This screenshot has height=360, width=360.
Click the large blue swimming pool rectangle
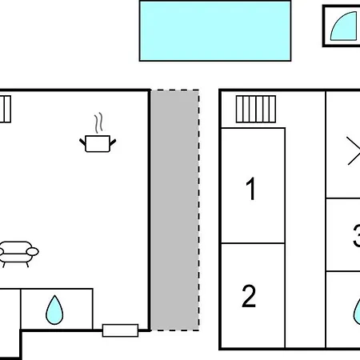point(215,31)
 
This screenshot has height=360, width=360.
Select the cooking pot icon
point(98,143)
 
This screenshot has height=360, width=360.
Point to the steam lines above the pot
point(98,123)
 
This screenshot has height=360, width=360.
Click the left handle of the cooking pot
point(82,142)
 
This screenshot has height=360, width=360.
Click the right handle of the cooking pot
point(113,142)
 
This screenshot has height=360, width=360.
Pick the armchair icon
point(18,254)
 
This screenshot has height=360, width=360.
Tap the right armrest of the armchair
point(33,251)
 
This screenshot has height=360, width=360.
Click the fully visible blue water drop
point(54,310)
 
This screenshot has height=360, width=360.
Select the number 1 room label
point(251,189)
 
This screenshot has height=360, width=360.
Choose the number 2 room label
point(249,296)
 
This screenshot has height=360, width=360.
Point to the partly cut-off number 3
point(357,236)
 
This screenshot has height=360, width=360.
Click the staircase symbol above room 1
point(256,109)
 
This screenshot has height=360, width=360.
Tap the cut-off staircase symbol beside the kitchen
point(6,109)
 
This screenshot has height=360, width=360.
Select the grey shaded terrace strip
point(174,210)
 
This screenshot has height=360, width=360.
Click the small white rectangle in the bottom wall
point(120,330)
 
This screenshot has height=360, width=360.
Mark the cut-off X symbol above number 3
point(354,150)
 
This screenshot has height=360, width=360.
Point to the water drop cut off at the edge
point(357,311)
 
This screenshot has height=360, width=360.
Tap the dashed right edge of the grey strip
point(198,210)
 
